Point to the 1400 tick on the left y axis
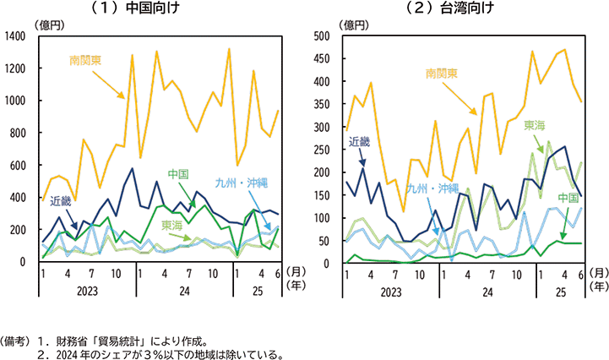click(x=17, y=36)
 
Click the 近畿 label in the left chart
click(x=61, y=201)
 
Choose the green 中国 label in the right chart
click(x=549, y=198)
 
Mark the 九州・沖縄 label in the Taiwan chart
click(x=429, y=188)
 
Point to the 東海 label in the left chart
click(x=172, y=226)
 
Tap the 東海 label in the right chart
click(x=534, y=125)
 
